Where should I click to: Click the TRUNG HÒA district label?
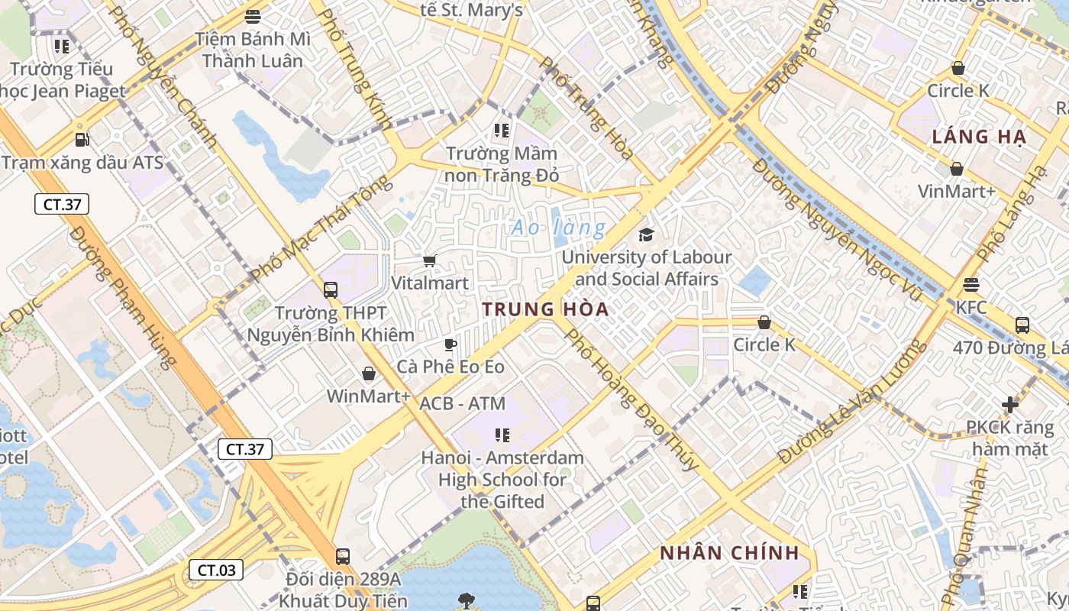[x=545, y=309]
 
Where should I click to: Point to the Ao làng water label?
[x=558, y=228]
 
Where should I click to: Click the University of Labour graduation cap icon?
[x=647, y=234]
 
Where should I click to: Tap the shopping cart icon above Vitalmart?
[x=430, y=261]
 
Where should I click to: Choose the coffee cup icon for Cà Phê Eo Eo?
[x=451, y=344]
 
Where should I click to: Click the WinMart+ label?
[x=368, y=396]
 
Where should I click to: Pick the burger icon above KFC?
[x=971, y=285]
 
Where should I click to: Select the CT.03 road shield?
[x=216, y=569]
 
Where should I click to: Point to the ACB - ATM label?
[x=463, y=403]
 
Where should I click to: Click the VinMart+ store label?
[x=957, y=191]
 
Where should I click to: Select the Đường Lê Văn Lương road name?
[x=852, y=402]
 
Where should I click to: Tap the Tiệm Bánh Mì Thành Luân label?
[x=252, y=50]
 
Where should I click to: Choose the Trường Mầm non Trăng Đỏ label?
[x=502, y=164]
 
